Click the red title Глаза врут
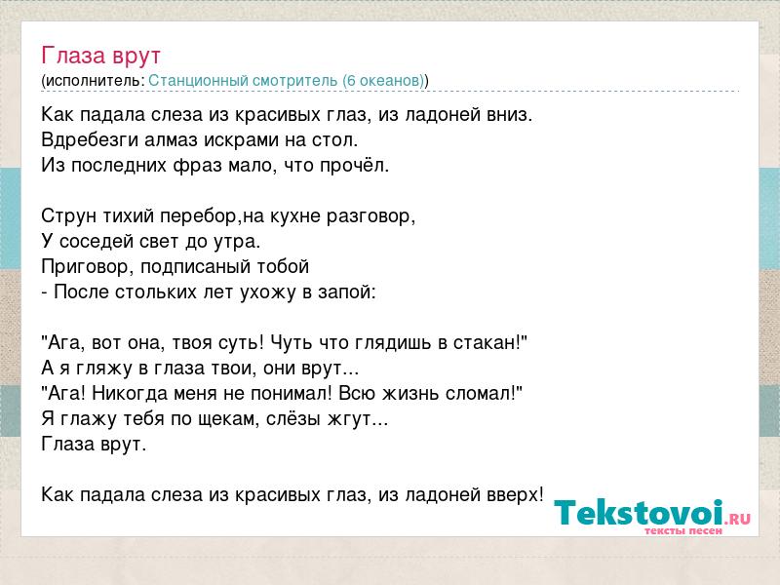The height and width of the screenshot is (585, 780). tap(101, 56)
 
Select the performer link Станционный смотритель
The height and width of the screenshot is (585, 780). tap(243, 80)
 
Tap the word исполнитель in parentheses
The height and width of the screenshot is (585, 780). tap(93, 81)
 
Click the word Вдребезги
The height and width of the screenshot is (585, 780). tap(90, 140)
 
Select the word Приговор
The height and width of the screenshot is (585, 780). tap(85, 267)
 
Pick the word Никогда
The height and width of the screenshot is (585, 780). tap(130, 394)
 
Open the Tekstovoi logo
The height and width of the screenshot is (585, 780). tap(652, 514)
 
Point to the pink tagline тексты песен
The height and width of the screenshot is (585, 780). tap(683, 530)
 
